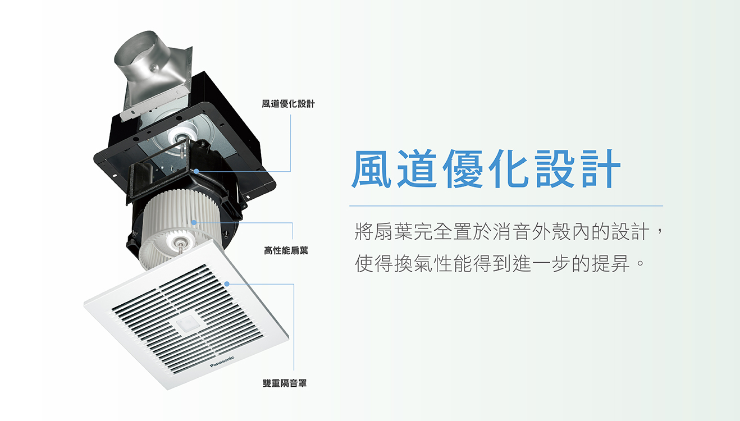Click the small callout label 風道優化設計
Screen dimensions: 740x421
(x=288, y=104)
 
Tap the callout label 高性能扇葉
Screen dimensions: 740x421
(x=286, y=250)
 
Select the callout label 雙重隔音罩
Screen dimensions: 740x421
(x=285, y=383)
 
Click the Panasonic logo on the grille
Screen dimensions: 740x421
(x=222, y=361)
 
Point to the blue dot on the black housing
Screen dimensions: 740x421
(x=197, y=171)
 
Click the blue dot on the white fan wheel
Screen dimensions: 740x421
(x=194, y=222)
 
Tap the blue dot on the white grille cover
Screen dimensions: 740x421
(x=227, y=283)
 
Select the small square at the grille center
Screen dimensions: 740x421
(x=187, y=323)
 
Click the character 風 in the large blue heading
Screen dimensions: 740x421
(x=372, y=168)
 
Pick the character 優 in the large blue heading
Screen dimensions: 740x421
(x=463, y=168)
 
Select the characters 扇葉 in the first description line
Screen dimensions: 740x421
(x=394, y=231)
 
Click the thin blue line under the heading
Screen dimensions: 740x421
(x=506, y=206)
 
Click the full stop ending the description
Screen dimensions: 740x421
(x=640, y=263)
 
